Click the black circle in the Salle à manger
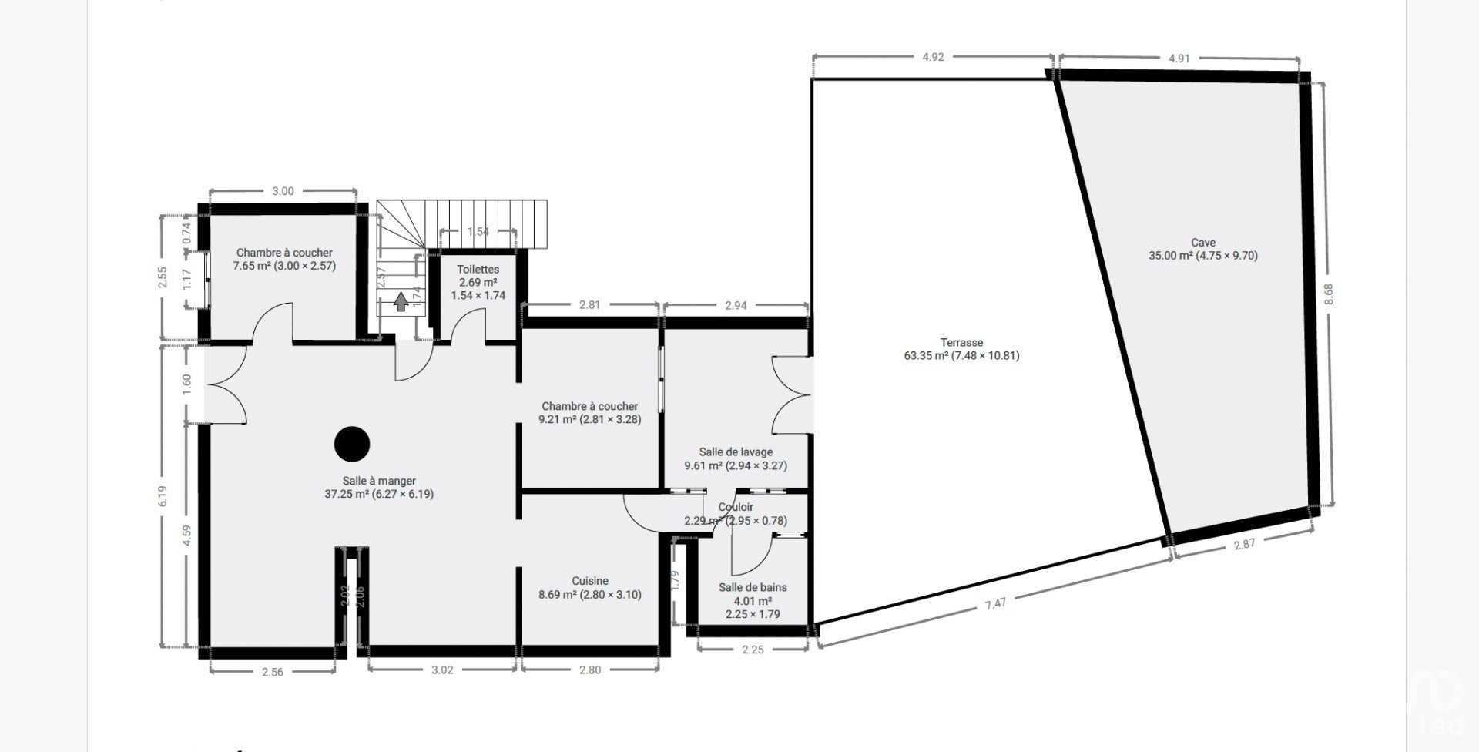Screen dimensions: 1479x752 point(352,444)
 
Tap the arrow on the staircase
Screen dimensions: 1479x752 point(401,301)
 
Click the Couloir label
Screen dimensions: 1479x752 point(736,507)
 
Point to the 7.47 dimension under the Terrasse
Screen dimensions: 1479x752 point(995,603)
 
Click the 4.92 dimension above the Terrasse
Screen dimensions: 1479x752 point(933,56)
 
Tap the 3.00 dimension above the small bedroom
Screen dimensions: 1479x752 point(283,191)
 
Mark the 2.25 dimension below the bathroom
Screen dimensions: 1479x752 point(753,650)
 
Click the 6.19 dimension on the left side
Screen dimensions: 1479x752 point(163,495)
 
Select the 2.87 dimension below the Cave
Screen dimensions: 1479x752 point(1244,544)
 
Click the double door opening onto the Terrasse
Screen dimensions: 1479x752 point(792,394)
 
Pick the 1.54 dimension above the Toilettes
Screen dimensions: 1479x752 point(478,231)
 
